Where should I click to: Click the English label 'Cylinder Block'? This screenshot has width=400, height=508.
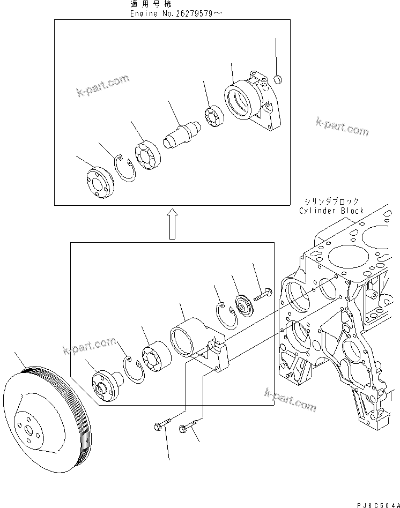331,211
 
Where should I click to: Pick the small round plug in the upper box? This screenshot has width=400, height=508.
278,80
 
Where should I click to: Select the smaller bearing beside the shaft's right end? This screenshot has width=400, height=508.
214,118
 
